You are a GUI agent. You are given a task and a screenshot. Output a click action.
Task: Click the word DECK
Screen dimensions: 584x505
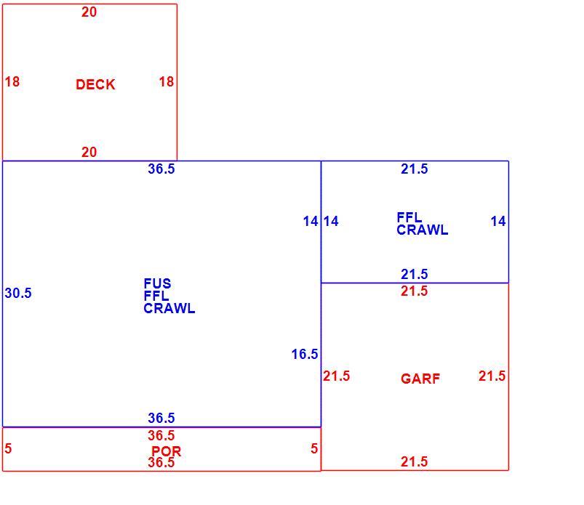95,84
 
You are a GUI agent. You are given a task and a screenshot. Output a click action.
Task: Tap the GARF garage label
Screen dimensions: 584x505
420,379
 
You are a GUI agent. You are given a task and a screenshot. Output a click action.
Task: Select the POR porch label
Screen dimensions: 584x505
166,451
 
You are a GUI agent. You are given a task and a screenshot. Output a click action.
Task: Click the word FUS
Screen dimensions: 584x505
157,283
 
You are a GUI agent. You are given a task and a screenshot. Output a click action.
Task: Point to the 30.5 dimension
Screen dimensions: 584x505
18,293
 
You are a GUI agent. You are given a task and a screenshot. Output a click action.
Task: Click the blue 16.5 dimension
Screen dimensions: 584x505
305,354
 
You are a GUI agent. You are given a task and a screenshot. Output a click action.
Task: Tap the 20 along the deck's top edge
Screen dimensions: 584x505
89,12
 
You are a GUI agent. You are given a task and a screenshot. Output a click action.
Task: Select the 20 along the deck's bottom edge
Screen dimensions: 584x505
89,152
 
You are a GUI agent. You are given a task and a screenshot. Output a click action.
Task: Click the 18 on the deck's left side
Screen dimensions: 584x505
12,81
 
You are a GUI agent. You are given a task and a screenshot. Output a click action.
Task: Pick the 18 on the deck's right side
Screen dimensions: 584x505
166,81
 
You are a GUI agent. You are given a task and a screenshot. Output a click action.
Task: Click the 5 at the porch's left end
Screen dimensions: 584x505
8,448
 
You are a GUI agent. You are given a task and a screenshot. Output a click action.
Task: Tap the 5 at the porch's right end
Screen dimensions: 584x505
314,448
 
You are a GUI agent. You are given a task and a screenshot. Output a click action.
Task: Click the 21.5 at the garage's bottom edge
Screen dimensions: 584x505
414,461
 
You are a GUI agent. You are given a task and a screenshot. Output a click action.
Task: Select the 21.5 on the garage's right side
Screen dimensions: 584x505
492,376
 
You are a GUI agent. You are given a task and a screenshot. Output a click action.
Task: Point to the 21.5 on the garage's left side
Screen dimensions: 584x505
336,376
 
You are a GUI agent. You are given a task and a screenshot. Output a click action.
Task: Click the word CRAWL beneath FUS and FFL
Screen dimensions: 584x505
169,308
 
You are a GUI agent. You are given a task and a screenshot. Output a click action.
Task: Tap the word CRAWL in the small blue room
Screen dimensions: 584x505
422,230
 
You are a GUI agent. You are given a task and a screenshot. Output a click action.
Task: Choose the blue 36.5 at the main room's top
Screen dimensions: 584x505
161,169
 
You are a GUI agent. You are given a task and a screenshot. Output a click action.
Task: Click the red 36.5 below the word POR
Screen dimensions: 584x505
161,462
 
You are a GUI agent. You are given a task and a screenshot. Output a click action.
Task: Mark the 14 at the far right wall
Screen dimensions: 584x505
498,221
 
